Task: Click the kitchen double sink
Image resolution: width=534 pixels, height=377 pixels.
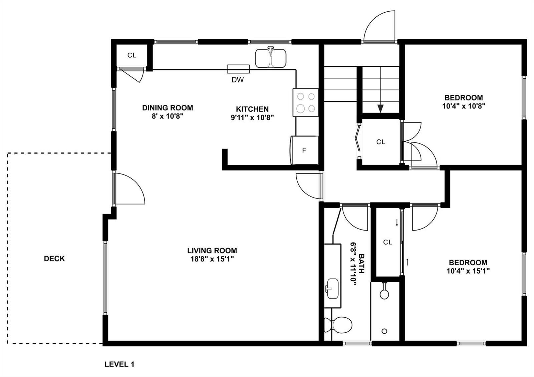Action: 271,58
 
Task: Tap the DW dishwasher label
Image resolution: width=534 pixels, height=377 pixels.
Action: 238,80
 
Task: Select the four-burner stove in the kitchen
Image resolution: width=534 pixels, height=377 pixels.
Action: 306,102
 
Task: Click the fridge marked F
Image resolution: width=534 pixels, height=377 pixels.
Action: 304,150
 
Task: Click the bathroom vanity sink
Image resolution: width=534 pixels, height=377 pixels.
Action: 332,289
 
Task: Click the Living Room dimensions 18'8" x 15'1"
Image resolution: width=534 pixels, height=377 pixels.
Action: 212,259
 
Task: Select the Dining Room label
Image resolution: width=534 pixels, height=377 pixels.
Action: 168,108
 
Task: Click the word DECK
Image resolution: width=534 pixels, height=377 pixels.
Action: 54,259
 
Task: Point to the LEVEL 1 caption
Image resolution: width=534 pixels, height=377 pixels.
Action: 119,364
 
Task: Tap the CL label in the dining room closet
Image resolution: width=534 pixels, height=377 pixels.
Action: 132,55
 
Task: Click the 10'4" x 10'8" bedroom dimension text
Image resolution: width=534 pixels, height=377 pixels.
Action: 464,106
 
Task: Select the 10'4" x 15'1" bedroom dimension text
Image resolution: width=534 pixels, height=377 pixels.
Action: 468,271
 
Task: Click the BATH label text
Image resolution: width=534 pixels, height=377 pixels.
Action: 362,264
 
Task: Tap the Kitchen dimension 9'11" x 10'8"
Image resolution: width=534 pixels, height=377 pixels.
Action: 252,117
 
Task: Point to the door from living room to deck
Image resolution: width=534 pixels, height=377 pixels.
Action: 129,188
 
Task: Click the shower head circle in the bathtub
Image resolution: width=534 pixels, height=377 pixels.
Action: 384,294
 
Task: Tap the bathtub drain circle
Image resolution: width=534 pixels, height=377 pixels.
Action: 384,331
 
